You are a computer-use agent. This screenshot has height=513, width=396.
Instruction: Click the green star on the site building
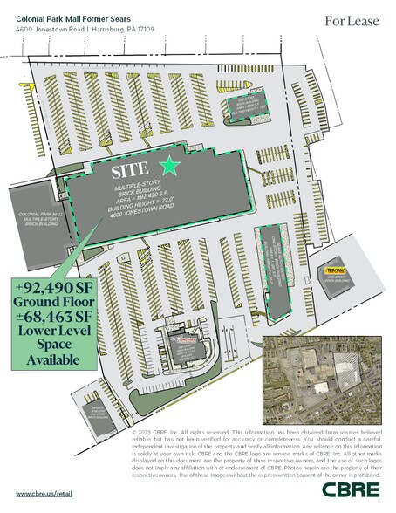pyautogui.click(x=171, y=166)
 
